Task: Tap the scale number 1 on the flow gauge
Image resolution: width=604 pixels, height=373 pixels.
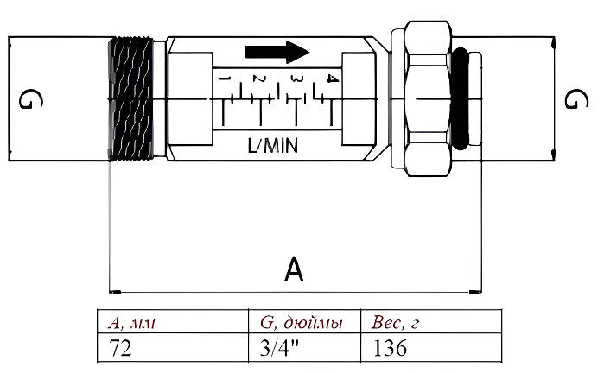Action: [x=224, y=81]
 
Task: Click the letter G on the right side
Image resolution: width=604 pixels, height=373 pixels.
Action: [x=571, y=100]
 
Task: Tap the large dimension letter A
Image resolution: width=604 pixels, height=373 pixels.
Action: [x=294, y=271]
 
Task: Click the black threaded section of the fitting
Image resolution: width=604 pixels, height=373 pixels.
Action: [x=131, y=99]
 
